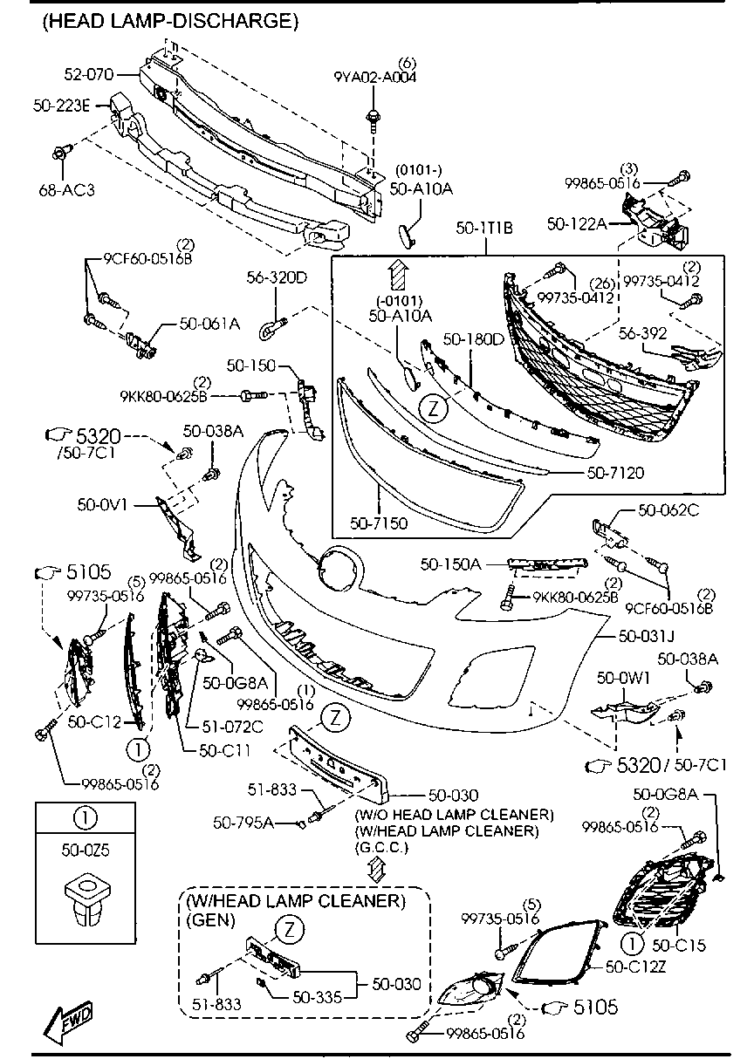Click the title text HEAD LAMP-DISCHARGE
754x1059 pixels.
169,22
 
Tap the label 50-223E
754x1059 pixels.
62,106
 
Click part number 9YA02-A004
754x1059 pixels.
375,77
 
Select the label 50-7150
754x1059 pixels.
378,523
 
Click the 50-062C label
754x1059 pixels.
668,511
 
